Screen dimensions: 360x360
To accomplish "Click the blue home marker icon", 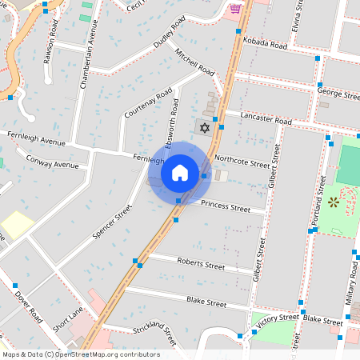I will (x=180, y=172).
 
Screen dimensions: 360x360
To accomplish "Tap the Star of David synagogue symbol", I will (x=203, y=127).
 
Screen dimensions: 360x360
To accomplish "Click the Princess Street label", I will (x=226, y=206).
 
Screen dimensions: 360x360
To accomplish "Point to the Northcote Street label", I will (x=242, y=162).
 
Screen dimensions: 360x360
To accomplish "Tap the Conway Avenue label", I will (x=53, y=163).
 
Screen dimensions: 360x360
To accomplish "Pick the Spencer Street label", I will (x=123, y=222).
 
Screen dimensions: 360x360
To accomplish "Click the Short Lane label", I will (x=67, y=323).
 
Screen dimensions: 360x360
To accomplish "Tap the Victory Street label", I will (x=278, y=318).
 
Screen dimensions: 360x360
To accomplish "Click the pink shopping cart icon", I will (x=235, y=10).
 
